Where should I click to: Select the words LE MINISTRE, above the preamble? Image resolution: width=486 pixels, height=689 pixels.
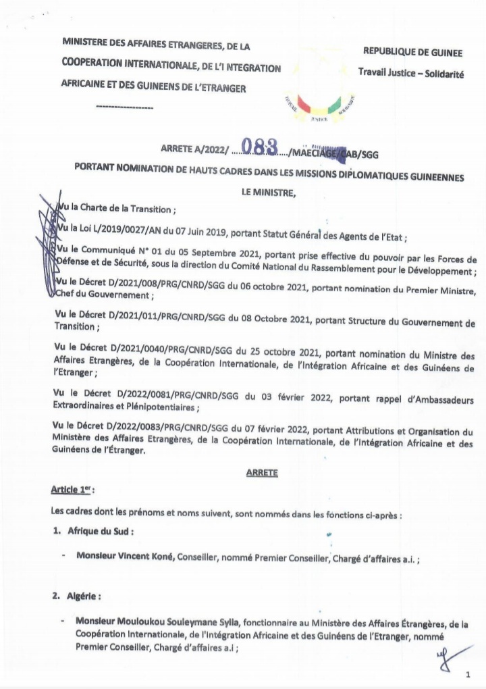(269, 193)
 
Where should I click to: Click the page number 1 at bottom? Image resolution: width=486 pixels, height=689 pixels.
(467, 675)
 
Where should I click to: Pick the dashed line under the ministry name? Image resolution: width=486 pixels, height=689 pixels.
(125, 107)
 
